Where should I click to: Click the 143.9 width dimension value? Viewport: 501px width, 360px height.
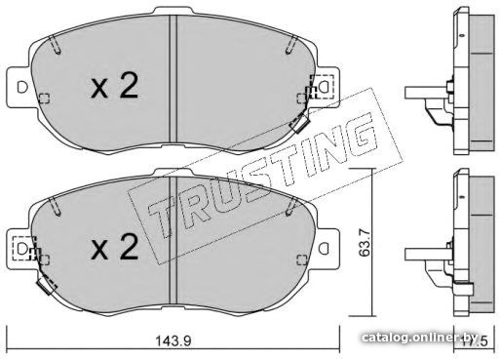coord(173,341)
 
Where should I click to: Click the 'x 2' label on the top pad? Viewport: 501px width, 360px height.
coord(114,86)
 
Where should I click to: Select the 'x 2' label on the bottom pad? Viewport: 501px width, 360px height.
coord(114,248)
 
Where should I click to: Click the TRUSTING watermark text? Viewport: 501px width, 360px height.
coord(263,176)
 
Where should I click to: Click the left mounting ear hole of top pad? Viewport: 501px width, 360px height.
coord(22,88)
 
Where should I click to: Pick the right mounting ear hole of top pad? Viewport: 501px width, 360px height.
coord(324,87)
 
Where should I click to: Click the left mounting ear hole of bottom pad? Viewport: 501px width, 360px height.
coord(22,249)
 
